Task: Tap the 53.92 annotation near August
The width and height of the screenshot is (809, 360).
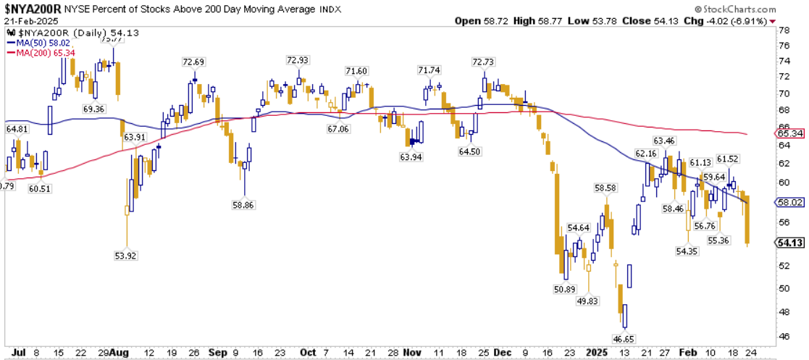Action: click(x=126, y=256)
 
